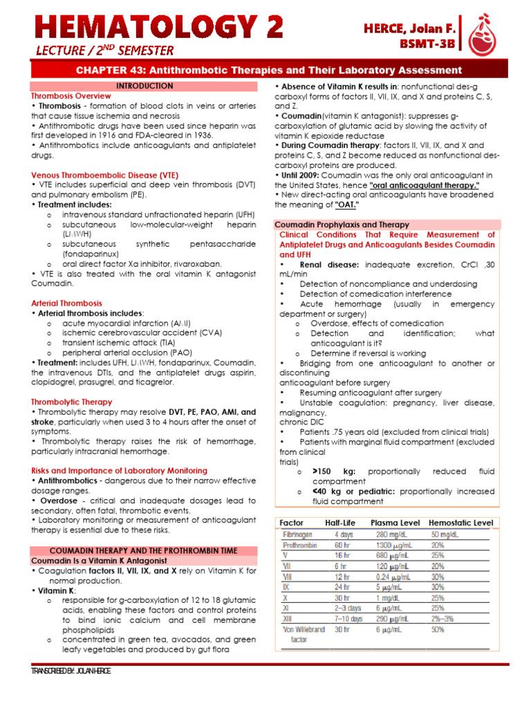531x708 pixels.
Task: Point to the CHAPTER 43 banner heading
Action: point(268,71)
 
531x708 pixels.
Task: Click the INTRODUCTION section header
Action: point(145,86)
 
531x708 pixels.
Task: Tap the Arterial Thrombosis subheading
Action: point(66,303)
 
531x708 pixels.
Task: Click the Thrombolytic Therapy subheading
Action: point(71,402)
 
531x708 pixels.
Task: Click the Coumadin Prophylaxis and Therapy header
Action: point(342,225)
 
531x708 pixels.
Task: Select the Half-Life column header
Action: point(340,523)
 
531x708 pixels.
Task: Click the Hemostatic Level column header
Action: point(460,523)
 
